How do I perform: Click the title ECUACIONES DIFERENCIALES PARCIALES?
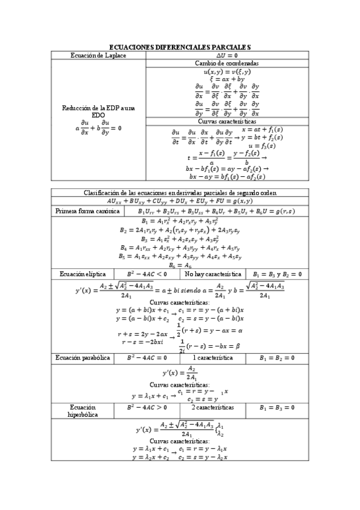180,48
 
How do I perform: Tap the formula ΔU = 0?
226,55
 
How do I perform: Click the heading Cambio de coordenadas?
227,63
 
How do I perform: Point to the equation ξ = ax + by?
227,79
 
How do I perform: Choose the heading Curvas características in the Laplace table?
227,121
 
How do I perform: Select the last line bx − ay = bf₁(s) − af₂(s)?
227,177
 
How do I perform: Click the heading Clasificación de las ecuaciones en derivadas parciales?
180,192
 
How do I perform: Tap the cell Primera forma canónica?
87,212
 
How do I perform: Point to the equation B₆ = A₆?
180,265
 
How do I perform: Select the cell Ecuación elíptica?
81,274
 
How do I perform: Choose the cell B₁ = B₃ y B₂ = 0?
277,274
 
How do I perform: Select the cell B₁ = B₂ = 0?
277,357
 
